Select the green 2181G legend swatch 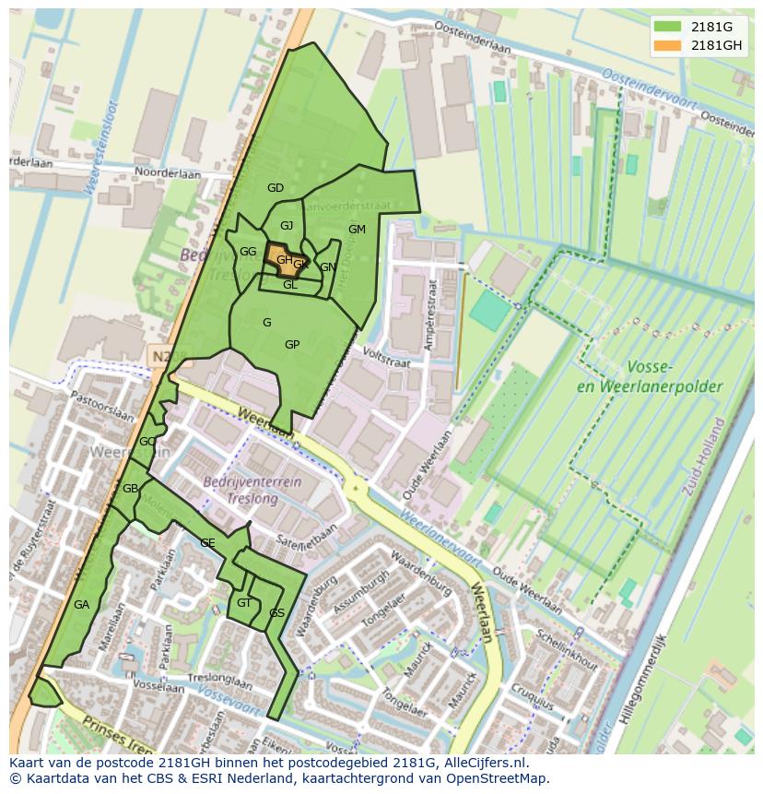[668, 27]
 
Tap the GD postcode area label [275, 188]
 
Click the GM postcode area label [357, 230]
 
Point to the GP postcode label [292, 345]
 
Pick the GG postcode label [248, 252]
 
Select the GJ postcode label [287, 226]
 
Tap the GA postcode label [81, 605]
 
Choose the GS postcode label [276, 613]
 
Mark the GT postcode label [244, 603]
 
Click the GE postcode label [207, 543]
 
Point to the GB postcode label [130, 488]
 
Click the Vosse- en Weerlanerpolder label [649, 376]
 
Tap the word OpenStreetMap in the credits [497, 778]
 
